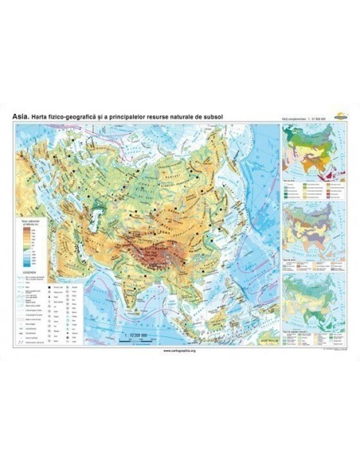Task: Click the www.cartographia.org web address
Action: coord(180,350)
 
